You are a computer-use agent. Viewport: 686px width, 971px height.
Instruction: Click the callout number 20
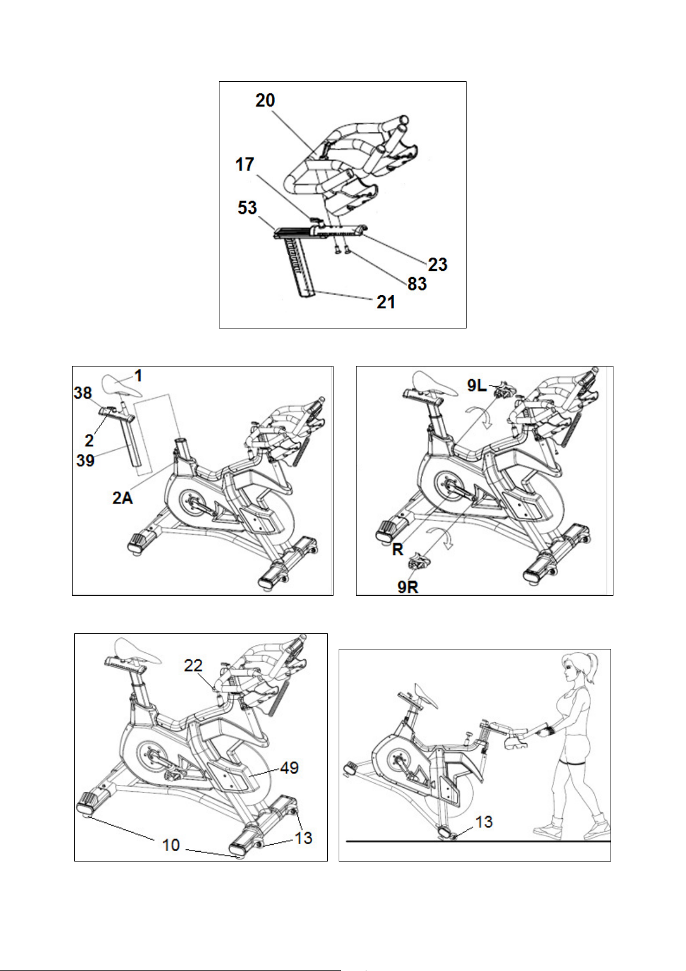[x=265, y=101]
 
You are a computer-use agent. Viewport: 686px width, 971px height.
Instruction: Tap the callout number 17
[x=245, y=165]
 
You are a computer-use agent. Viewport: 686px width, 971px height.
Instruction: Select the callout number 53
[x=247, y=207]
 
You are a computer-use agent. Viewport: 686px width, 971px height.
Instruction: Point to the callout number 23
[x=438, y=265]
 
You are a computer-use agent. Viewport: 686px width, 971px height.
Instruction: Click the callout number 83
[x=417, y=284]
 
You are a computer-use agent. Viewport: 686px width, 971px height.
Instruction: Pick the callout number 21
[x=386, y=302]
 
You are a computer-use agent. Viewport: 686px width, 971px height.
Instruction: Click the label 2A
[x=123, y=498]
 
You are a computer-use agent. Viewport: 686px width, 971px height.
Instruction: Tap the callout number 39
[x=85, y=460]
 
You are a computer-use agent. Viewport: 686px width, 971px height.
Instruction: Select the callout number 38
[x=83, y=393]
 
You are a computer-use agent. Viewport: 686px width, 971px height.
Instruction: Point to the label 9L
[x=477, y=386]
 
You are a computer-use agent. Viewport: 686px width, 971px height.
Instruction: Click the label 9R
[x=408, y=587]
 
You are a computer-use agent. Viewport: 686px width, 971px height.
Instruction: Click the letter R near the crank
[x=397, y=550]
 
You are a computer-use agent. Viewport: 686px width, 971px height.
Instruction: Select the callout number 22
[x=194, y=665]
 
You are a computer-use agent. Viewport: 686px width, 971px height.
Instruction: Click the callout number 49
[x=290, y=768]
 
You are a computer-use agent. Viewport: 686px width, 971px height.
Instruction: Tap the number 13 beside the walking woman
[x=484, y=821]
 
